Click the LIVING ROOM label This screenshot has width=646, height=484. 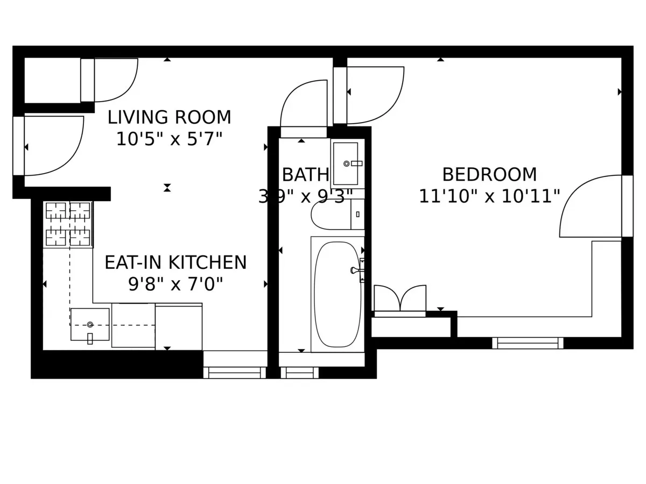click(x=169, y=117)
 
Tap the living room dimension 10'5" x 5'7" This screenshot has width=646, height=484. click(x=169, y=139)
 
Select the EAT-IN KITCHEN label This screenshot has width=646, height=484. click(x=175, y=263)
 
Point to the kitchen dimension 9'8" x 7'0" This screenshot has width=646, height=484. click(x=175, y=284)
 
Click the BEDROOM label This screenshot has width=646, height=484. click(x=489, y=175)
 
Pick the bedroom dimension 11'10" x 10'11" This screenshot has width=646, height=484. click(x=489, y=196)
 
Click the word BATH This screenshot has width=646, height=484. click(x=305, y=175)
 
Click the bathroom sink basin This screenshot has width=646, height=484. click(x=345, y=163)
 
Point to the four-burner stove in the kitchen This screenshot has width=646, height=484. click(x=68, y=224)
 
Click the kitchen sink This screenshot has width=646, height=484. click(x=90, y=324)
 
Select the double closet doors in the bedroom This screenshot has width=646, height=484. click(x=400, y=300)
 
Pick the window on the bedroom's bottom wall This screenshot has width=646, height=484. click(x=528, y=343)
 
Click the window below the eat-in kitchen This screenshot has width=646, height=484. click(x=234, y=373)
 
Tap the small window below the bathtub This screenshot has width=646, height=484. click(x=299, y=373)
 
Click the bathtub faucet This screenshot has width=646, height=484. click(x=357, y=270)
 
